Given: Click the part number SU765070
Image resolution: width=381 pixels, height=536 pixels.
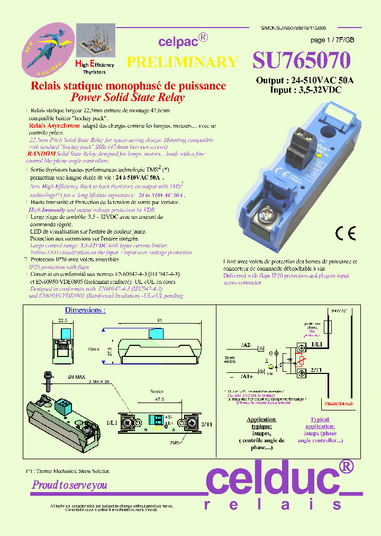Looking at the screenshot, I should click(x=301, y=61).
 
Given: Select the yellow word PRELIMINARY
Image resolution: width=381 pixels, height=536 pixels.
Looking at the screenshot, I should click(x=183, y=62).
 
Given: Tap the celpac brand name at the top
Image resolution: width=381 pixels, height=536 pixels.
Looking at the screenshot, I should click(x=178, y=41).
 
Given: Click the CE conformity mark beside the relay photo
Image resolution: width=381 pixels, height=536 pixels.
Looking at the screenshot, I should click(x=346, y=233).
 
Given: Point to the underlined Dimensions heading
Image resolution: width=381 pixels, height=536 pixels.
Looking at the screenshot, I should click(x=85, y=310).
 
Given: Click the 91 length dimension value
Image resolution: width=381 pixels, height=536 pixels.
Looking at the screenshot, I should click(x=159, y=320).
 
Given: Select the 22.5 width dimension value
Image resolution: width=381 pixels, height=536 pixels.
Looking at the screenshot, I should click(x=63, y=320).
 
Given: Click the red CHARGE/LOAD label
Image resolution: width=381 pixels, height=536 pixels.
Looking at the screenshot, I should click(x=339, y=404).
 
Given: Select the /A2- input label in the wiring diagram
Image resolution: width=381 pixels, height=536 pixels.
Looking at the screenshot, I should click(x=247, y=345).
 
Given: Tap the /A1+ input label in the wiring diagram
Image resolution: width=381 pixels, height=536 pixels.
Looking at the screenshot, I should click(x=247, y=377).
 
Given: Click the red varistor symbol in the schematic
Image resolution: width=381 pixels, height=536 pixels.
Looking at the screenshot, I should click(x=301, y=361).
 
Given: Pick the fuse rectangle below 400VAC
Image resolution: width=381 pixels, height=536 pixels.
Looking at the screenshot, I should click(x=328, y=327).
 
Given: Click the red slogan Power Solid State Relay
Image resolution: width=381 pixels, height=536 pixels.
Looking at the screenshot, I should click(x=128, y=97).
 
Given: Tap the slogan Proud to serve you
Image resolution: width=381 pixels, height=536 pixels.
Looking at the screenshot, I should click(x=69, y=485).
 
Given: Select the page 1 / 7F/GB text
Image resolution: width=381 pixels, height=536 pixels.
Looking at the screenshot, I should click(x=332, y=40).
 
